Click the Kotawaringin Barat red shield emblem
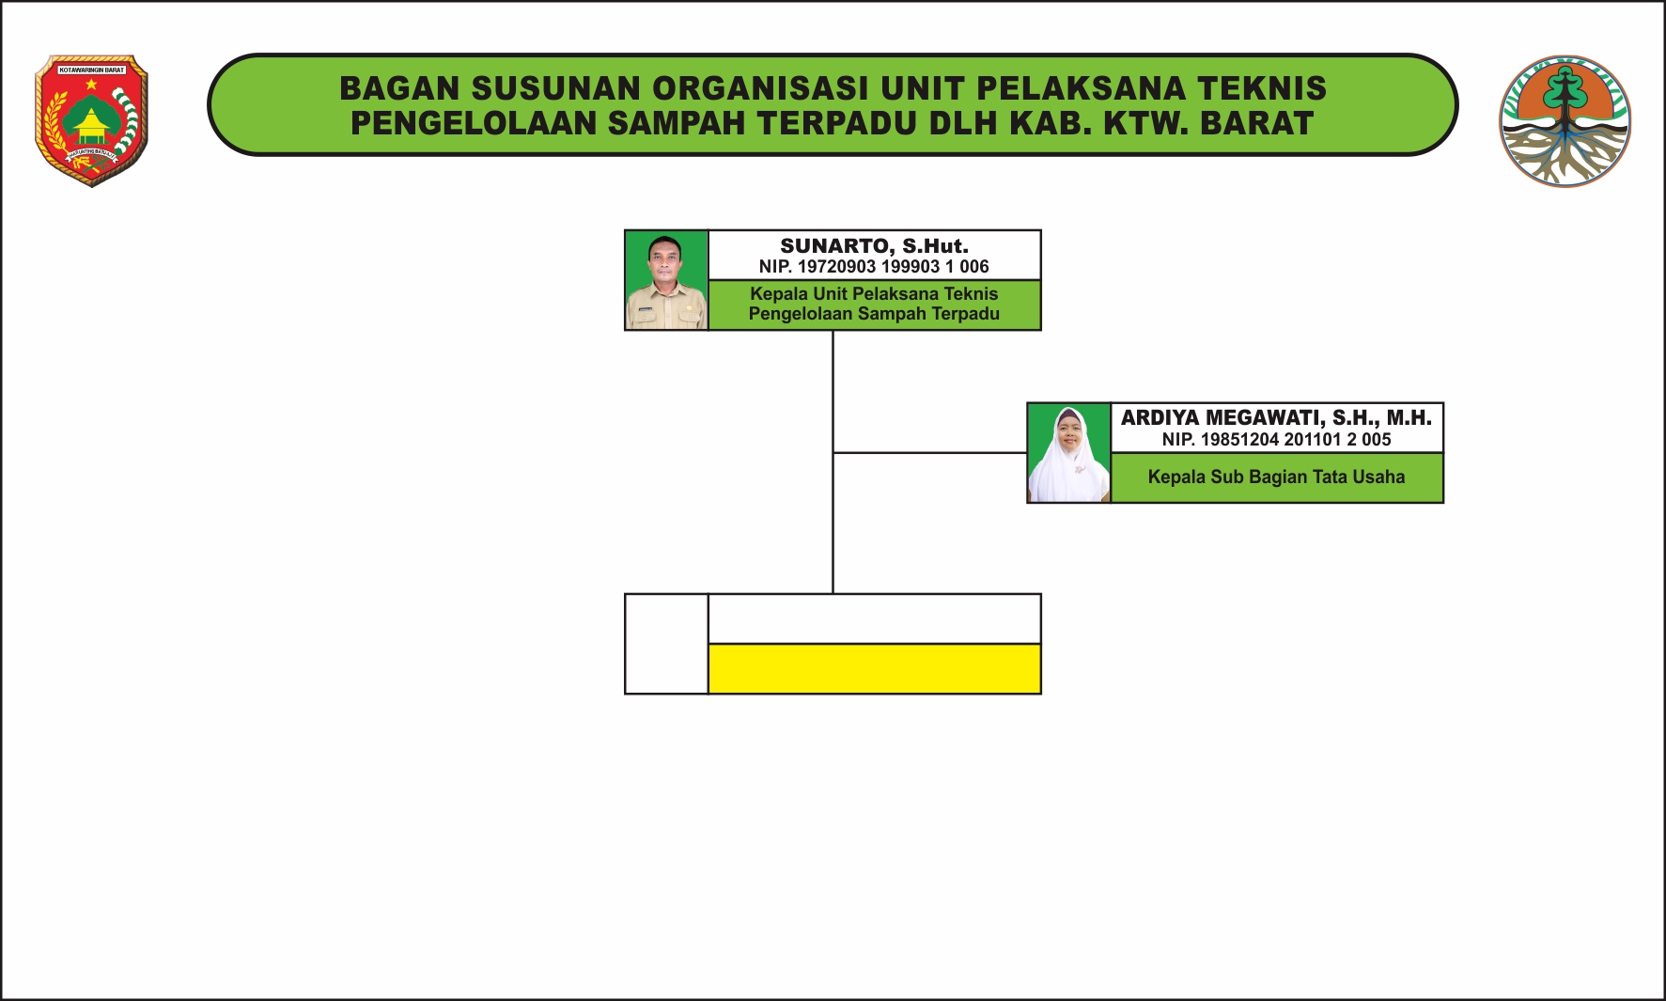(91, 120)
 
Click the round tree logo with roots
(1565, 120)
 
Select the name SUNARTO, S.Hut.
(874, 246)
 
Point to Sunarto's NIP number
(874, 267)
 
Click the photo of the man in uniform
(666, 280)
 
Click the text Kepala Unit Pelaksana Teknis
(874, 294)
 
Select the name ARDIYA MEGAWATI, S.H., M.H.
(1276, 418)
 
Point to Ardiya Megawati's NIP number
(1276, 440)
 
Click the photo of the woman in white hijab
(1068, 453)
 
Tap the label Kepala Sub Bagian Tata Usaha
(1276, 477)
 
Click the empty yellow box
(874, 668)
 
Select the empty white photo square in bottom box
(666, 644)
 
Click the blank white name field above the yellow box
(874, 618)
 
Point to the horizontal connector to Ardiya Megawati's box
(930, 453)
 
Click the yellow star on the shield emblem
(91, 85)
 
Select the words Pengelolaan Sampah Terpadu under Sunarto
(874, 314)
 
